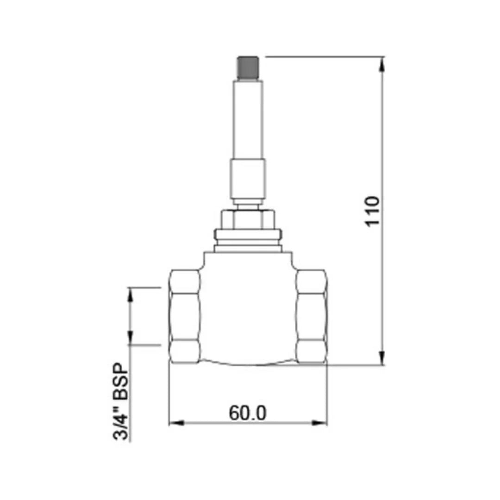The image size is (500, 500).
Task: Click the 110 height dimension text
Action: tap(373, 211)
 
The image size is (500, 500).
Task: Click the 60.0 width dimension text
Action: tap(248, 413)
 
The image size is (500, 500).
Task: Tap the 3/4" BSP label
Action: tap(121, 401)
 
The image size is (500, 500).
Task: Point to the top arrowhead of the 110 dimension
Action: tap(382, 65)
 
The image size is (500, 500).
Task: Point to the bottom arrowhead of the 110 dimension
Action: tap(382, 357)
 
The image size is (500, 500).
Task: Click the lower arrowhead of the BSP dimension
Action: tap(130, 337)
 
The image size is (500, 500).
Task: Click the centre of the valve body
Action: tap(248, 310)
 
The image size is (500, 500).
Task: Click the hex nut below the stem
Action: tap(248, 219)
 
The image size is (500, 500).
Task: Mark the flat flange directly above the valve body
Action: tap(248, 249)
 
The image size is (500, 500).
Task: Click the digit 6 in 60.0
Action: tap(235, 413)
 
